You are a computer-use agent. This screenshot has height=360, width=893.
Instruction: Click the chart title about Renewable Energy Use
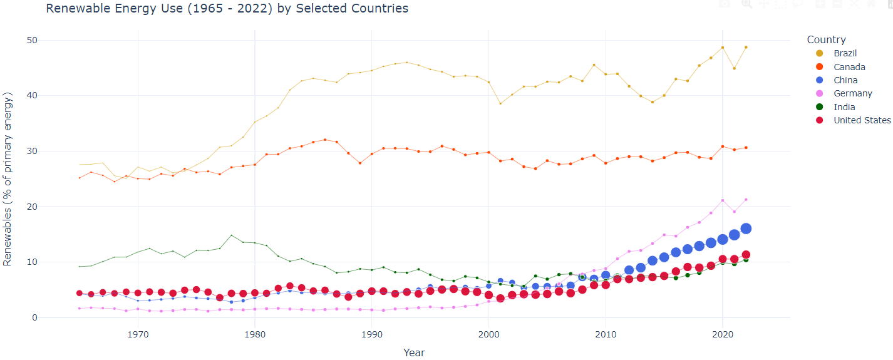click(x=227, y=9)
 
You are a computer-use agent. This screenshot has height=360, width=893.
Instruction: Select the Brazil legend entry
click(x=845, y=53)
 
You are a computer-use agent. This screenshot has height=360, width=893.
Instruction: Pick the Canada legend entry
click(x=849, y=67)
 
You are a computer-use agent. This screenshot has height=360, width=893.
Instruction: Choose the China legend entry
click(x=845, y=80)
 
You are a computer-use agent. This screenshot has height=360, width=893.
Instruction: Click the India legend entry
click(x=844, y=107)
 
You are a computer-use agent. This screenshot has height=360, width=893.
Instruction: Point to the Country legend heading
click(x=826, y=39)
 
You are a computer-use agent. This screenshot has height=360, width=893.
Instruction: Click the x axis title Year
click(x=414, y=352)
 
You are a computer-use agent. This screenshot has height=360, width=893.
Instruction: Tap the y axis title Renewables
click(x=8, y=178)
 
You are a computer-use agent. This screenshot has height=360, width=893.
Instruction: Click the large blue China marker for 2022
click(x=746, y=229)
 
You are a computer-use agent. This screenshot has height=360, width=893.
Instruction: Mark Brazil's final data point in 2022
click(x=746, y=47)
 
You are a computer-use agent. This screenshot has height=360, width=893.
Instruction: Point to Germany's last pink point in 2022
click(x=746, y=200)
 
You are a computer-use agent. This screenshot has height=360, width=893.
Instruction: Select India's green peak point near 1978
click(x=232, y=235)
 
